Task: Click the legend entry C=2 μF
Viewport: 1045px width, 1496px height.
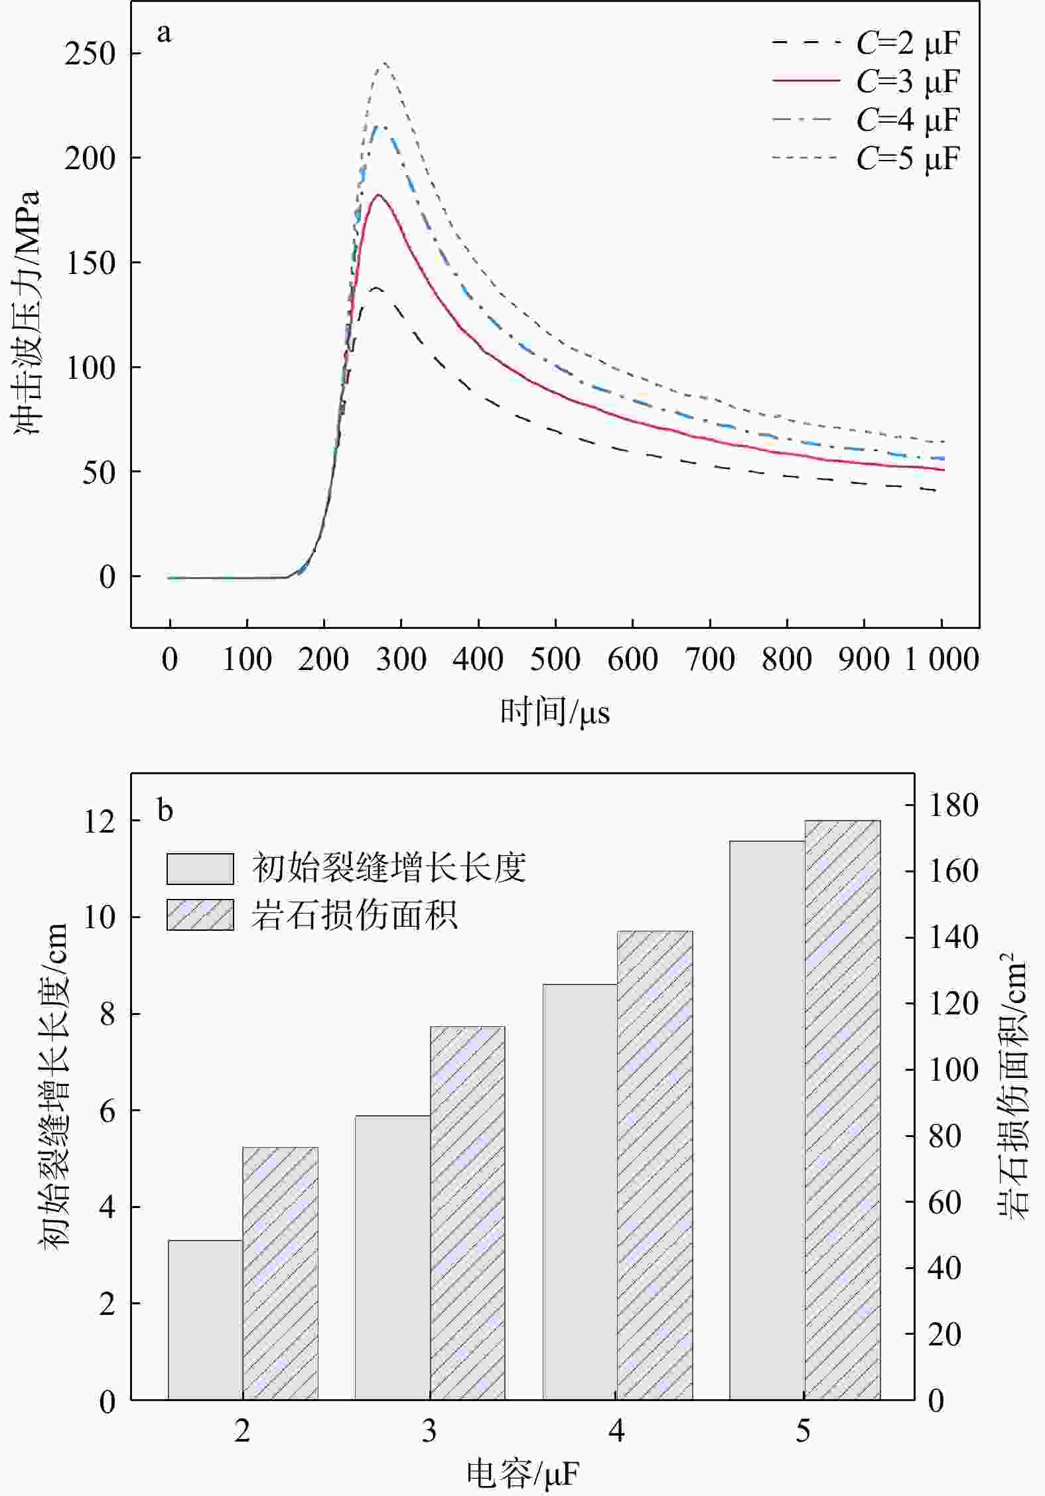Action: [865, 43]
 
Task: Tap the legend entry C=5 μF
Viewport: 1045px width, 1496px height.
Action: [865, 158]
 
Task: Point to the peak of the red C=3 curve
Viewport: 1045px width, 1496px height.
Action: [378, 195]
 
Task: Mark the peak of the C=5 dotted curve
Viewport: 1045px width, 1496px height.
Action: [384, 63]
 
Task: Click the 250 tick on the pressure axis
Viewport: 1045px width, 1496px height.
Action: [90, 54]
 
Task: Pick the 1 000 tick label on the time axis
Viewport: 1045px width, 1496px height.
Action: [941, 659]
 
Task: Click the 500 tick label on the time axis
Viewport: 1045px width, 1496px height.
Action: [555, 659]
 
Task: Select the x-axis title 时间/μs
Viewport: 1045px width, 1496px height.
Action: [555, 713]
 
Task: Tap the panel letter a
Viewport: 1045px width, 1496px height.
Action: [164, 33]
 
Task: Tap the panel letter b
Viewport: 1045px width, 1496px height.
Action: [165, 810]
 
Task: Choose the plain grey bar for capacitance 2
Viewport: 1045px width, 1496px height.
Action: [205, 1320]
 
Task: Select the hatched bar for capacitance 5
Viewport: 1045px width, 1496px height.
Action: [843, 1110]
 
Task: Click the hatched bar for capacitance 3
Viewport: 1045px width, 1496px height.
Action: [468, 1213]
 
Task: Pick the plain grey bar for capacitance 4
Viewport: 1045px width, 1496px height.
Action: [581, 1192]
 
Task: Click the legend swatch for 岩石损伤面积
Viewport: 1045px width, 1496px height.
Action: [200, 915]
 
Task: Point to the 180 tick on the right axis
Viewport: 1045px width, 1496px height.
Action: [953, 805]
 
